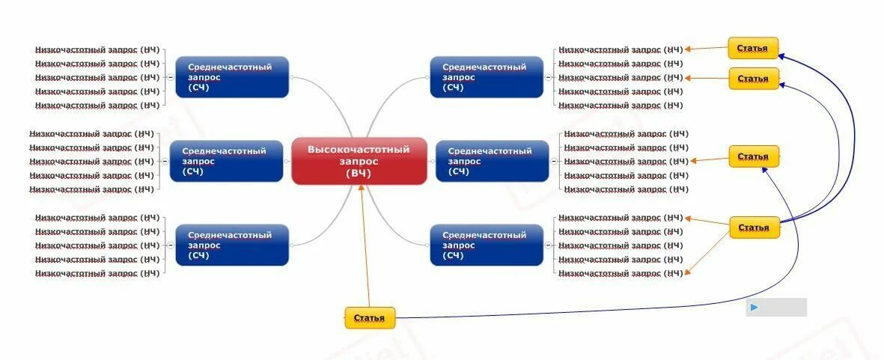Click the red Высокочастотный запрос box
359,160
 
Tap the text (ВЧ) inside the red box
359,174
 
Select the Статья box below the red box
369,318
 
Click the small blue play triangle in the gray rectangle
755,307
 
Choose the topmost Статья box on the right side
752,48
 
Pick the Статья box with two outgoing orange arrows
754,228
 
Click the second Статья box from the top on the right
753,79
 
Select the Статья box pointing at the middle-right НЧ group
753,156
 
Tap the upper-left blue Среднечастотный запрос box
232,77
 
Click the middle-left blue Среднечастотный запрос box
226,161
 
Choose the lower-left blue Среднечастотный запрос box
232,245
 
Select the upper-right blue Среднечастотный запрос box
487,77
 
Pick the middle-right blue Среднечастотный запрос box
491,161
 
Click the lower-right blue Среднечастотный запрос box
487,245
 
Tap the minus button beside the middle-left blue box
165,161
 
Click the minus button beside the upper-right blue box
548,77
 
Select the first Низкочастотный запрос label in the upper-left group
97,49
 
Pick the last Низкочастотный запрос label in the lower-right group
621,273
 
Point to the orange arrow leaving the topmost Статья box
707,49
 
